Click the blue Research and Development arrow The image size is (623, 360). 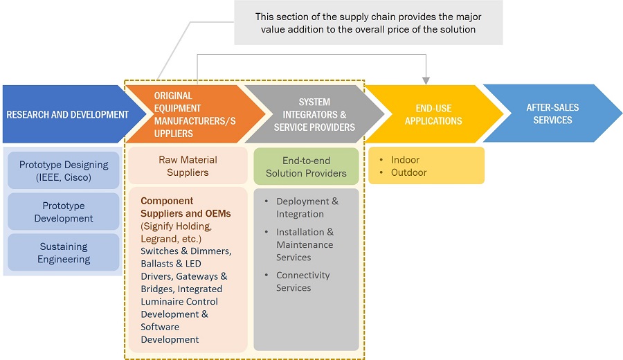coord(66,114)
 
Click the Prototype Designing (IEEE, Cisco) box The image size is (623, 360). coord(64,171)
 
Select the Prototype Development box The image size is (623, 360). coord(64,212)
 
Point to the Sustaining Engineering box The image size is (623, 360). coord(64,253)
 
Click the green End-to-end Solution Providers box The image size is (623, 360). coord(306,166)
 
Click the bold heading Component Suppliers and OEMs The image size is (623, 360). coord(186,207)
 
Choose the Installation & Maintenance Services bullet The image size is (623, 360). coord(305,244)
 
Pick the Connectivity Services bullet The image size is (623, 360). coord(303,281)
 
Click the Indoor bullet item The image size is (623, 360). coord(405,160)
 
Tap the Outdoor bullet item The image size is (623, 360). coord(408,172)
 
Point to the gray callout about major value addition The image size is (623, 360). coord(368,23)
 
